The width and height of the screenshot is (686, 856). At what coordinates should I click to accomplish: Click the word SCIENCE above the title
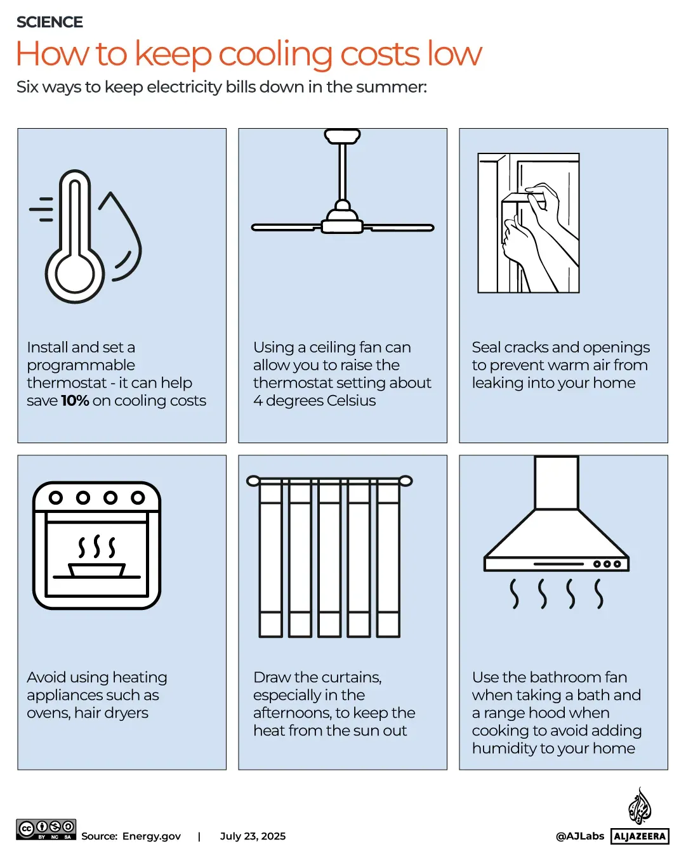coord(49,22)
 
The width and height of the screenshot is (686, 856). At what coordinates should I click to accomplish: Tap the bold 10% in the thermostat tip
coord(75,401)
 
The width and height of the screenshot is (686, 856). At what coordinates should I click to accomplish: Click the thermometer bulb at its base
coord(75,274)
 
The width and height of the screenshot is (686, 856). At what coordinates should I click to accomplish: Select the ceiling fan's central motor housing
coord(343,221)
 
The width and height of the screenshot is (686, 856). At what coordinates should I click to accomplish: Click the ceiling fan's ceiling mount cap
coord(343,136)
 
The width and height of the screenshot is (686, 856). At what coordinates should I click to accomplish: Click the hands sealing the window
coord(539,235)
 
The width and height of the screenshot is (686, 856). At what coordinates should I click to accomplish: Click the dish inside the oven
coord(96,570)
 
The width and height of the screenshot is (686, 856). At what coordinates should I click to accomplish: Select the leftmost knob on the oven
coord(56,498)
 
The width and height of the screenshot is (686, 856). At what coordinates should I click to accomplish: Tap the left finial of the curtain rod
coord(253,481)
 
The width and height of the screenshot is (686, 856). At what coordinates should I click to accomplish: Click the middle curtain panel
coord(329,558)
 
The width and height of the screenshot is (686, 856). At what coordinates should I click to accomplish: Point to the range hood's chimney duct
coord(556,483)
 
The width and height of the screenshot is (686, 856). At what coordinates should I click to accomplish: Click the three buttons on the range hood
coord(607,564)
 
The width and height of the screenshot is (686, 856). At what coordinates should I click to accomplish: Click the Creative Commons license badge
coord(46,829)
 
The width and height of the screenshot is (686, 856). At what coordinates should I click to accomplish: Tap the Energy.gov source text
coord(152,836)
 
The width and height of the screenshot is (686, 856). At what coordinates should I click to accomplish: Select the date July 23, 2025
coord(253,836)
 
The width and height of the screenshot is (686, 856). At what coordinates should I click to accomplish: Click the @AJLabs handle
coord(579,836)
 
